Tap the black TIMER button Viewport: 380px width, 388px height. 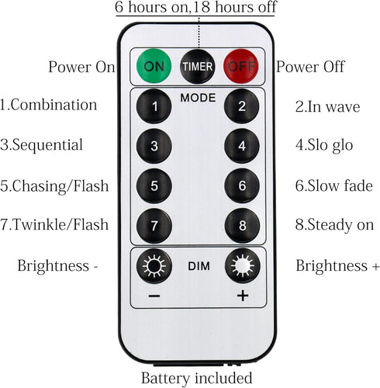(198, 67)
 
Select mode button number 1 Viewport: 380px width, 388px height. (154, 106)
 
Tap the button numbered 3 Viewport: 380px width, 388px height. (154, 146)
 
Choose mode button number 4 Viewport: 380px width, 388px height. (242, 146)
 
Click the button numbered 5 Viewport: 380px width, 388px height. (154, 185)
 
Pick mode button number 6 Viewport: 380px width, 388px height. (242, 185)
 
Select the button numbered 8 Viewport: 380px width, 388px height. (242, 226)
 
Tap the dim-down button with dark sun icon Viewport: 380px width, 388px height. (154, 266)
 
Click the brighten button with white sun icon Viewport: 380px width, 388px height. (243, 266)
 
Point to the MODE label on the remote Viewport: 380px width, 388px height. (198, 98)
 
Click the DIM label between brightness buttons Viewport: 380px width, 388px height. (199, 266)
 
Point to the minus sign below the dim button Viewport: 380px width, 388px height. (154, 296)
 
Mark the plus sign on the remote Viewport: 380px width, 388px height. (243, 296)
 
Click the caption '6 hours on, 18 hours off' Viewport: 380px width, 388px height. (195, 7)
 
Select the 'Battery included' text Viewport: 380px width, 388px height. (197, 378)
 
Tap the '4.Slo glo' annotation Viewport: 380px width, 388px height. (324, 145)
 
